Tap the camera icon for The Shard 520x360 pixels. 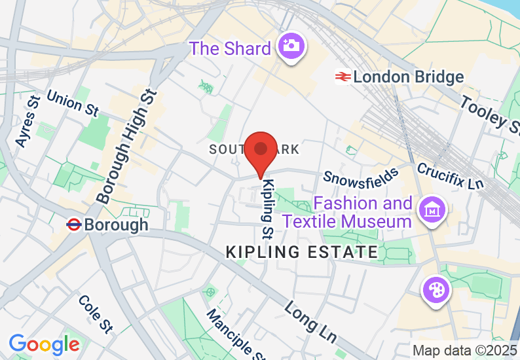coord(289,46)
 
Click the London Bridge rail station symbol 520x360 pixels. coord(342,77)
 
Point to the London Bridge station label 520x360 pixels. coord(408,77)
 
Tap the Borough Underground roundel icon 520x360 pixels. coord(74,225)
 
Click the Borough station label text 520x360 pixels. coord(116,225)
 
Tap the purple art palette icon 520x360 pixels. coord(435,289)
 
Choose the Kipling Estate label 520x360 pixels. coord(301,252)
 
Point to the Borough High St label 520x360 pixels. coord(127,148)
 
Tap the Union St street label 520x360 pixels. coord(73,103)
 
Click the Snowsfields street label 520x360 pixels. coord(361,176)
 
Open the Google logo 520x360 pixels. coord(44,344)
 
